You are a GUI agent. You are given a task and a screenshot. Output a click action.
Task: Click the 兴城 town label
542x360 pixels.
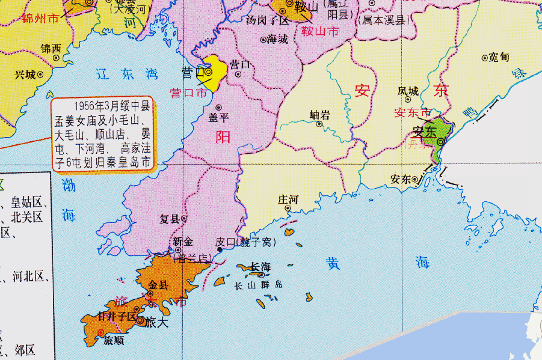(25, 75)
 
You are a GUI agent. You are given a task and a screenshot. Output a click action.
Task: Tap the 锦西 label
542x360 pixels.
(51, 47)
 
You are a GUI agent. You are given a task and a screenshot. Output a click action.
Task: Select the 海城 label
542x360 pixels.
(277, 39)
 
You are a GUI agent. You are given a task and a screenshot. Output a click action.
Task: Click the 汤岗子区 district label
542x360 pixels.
(268, 20)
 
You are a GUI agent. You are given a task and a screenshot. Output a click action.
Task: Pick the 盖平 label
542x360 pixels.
(218, 118)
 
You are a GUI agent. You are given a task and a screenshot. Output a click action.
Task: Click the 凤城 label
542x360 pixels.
(408, 91)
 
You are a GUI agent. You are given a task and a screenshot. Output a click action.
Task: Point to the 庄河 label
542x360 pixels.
(288, 199)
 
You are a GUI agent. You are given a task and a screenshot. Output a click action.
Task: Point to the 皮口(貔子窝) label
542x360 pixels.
(245, 242)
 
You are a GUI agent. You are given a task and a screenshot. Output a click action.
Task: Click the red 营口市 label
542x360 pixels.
(188, 93)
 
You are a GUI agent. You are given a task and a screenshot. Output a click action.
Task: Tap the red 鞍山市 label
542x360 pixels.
(320, 30)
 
